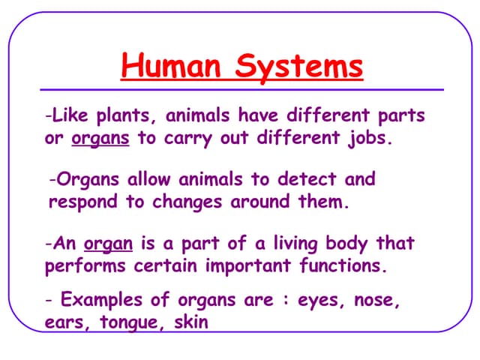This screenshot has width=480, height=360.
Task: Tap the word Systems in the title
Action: [299, 67]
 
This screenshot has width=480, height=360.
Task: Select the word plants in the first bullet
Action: [127, 117]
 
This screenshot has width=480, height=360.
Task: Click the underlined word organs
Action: [100, 140]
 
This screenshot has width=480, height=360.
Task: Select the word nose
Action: [373, 301]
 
